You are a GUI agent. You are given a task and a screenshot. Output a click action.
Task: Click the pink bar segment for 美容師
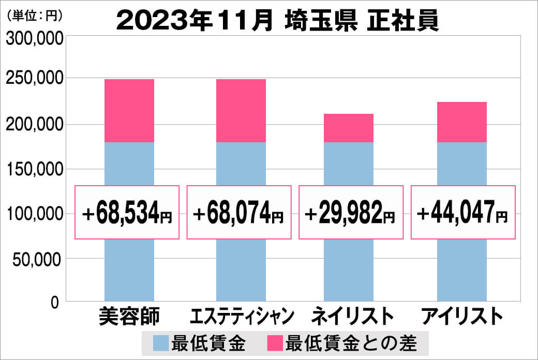(x=129, y=111)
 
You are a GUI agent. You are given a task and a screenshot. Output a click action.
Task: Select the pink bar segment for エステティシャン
(x=241, y=111)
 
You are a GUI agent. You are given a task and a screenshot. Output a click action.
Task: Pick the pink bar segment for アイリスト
(x=461, y=122)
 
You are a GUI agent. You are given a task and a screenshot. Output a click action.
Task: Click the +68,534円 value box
(x=127, y=212)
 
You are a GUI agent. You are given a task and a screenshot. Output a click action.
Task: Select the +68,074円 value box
(x=239, y=212)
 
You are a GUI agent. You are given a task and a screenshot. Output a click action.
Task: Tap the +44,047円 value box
(x=463, y=212)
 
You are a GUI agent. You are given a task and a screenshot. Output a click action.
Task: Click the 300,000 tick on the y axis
(x=34, y=39)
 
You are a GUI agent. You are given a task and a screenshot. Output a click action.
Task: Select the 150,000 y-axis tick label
(x=34, y=169)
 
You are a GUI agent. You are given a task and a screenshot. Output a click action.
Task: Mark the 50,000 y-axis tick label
(x=38, y=259)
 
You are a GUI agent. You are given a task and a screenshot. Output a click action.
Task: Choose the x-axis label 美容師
(x=129, y=315)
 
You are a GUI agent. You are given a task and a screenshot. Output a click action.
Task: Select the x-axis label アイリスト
(x=462, y=315)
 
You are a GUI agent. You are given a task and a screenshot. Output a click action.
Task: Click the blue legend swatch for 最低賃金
(x=161, y=343)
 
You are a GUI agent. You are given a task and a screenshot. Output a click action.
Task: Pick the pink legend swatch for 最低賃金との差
(x=275, y=343)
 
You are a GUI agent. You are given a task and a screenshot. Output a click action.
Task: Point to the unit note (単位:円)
(x=35, y=15)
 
